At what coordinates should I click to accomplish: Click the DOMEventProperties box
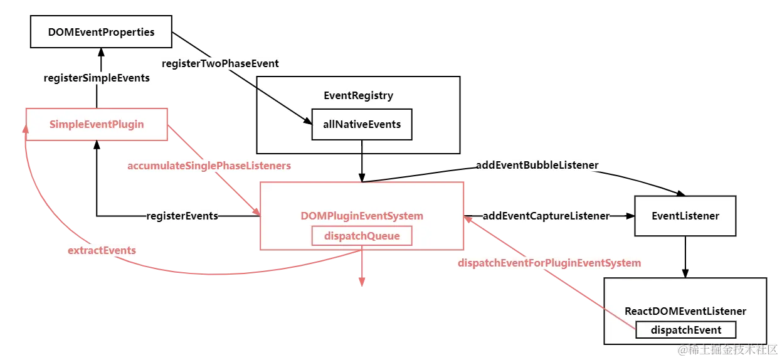coord(101,32)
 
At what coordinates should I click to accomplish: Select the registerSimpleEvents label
coord(97,78)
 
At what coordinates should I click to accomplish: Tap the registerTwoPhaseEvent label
coord(220,63)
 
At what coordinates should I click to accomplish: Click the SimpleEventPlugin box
coord(97,124)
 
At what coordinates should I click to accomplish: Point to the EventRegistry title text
coord(358,95)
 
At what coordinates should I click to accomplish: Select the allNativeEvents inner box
coord(362,124)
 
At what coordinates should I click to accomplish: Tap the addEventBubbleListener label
coord(537,164)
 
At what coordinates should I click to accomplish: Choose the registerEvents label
coord(182,216)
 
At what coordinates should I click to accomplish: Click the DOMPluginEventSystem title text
coord(362,216)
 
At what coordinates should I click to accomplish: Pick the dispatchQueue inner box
coord(362,236)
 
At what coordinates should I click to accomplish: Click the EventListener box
coord(685,216)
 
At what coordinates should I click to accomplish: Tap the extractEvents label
coord(102,250)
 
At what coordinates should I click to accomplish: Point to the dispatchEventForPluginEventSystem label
coord(549,263)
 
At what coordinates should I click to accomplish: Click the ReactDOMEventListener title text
coord(685,311)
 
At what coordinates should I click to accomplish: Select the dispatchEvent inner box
coord(685,330)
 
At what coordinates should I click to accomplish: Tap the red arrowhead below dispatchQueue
coord(362,283)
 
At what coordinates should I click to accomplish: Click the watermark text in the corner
coord(727,350)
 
